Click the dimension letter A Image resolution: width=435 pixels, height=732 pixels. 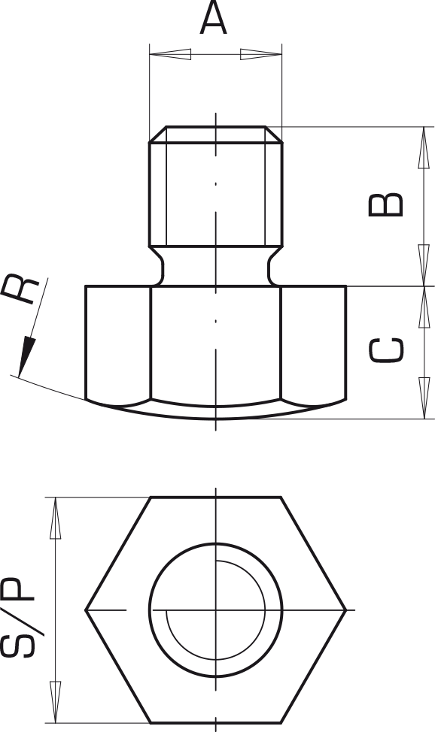[x=213, y=18]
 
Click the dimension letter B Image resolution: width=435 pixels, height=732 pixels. [x=386, y=204]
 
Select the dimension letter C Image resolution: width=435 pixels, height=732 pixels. [x=386, y=349]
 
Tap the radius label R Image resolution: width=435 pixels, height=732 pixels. [x=20, y=289]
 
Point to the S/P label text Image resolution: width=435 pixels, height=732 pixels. [x=18, y=618]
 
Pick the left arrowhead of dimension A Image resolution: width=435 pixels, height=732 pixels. [x=170, y=54]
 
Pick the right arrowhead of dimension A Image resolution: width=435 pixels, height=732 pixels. [x=261, y=54]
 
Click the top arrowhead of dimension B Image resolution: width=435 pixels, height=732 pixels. [x=424, y=147]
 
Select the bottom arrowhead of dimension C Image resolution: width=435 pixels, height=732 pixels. [x=424, y=398]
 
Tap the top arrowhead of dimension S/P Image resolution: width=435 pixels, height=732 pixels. [x=55, y=519]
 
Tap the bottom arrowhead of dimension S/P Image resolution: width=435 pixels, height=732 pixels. [x=55, y=702]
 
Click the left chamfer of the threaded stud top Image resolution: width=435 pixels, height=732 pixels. [x=157, y=135]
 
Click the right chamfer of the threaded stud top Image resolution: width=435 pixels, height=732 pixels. [x=274, y=135]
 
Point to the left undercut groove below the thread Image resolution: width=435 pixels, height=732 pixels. [x=157, y=266]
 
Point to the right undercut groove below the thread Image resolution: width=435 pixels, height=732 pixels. [x=274, y=266]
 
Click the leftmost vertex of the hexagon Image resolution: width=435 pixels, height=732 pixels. [x=86, y=609]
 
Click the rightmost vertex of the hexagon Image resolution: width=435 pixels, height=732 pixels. [x=346, y=609]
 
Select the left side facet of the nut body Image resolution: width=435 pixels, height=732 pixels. [x=118, y=344]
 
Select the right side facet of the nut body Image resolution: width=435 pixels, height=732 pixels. [x=313, y=344]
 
